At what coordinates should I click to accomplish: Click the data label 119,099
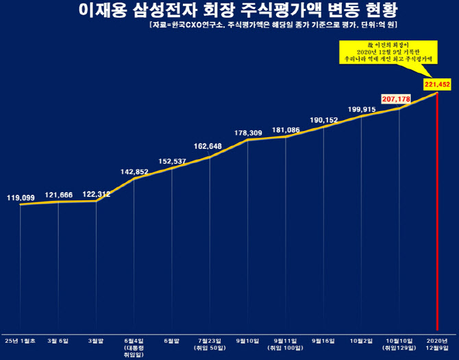point(21,197)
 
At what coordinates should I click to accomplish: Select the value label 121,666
point(58,195)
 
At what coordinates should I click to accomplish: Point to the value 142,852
point(134,171)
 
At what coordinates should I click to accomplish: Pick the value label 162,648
point(208,145)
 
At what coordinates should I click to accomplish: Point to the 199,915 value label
point(362,109)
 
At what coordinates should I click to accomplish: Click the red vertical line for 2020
point(437,219)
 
